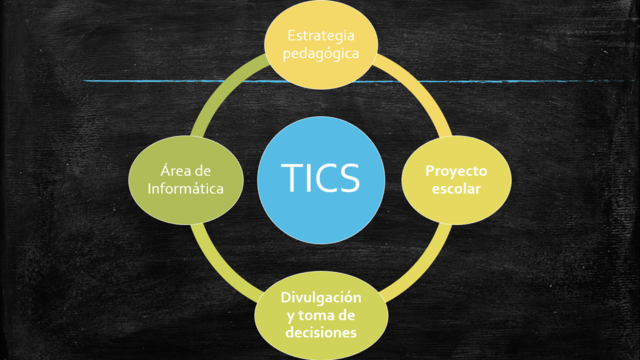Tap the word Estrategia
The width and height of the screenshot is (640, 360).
click(x=319, y=35)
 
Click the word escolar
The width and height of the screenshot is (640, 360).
click(x=457, y=189)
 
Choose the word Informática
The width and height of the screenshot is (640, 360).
click(x=185, y=188)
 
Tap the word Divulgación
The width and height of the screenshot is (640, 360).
click(x=320, y=297)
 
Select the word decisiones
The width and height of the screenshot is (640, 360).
click(x=320, y=333)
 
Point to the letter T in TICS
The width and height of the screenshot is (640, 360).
click(x=292, y=178)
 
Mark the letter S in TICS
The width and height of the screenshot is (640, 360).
click(x=350, y=178)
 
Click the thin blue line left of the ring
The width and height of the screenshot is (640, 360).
click(x=140, y=81)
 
